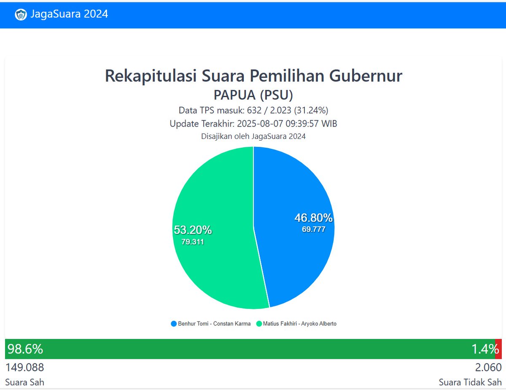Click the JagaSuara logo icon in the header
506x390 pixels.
pos(21,14)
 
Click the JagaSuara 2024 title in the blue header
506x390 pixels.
pos(69,14)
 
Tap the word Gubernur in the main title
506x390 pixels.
pos(366,76)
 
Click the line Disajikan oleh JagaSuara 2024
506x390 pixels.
pos(253,136)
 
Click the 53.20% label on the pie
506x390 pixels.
pos(193,230)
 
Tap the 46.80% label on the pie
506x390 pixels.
pos(313,218)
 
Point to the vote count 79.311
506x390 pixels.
pos(193,242)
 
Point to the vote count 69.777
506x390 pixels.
pos(313,230)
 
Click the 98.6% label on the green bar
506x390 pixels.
pos(25,349)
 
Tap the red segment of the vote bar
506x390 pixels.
pos(498,349)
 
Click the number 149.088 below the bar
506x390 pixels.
pos(24,367)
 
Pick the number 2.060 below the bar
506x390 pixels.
pos(488,367)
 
